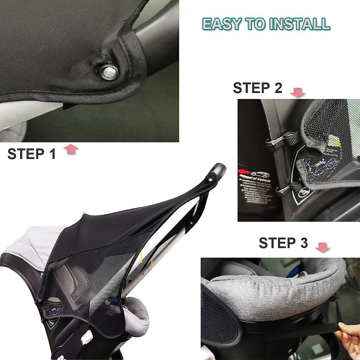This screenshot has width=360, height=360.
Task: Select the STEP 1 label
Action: click(31, 154)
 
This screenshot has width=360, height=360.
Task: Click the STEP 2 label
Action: click(257, 88)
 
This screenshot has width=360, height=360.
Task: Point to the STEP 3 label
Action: click(283, 243)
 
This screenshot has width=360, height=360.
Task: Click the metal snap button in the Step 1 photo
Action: click(108, 72)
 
